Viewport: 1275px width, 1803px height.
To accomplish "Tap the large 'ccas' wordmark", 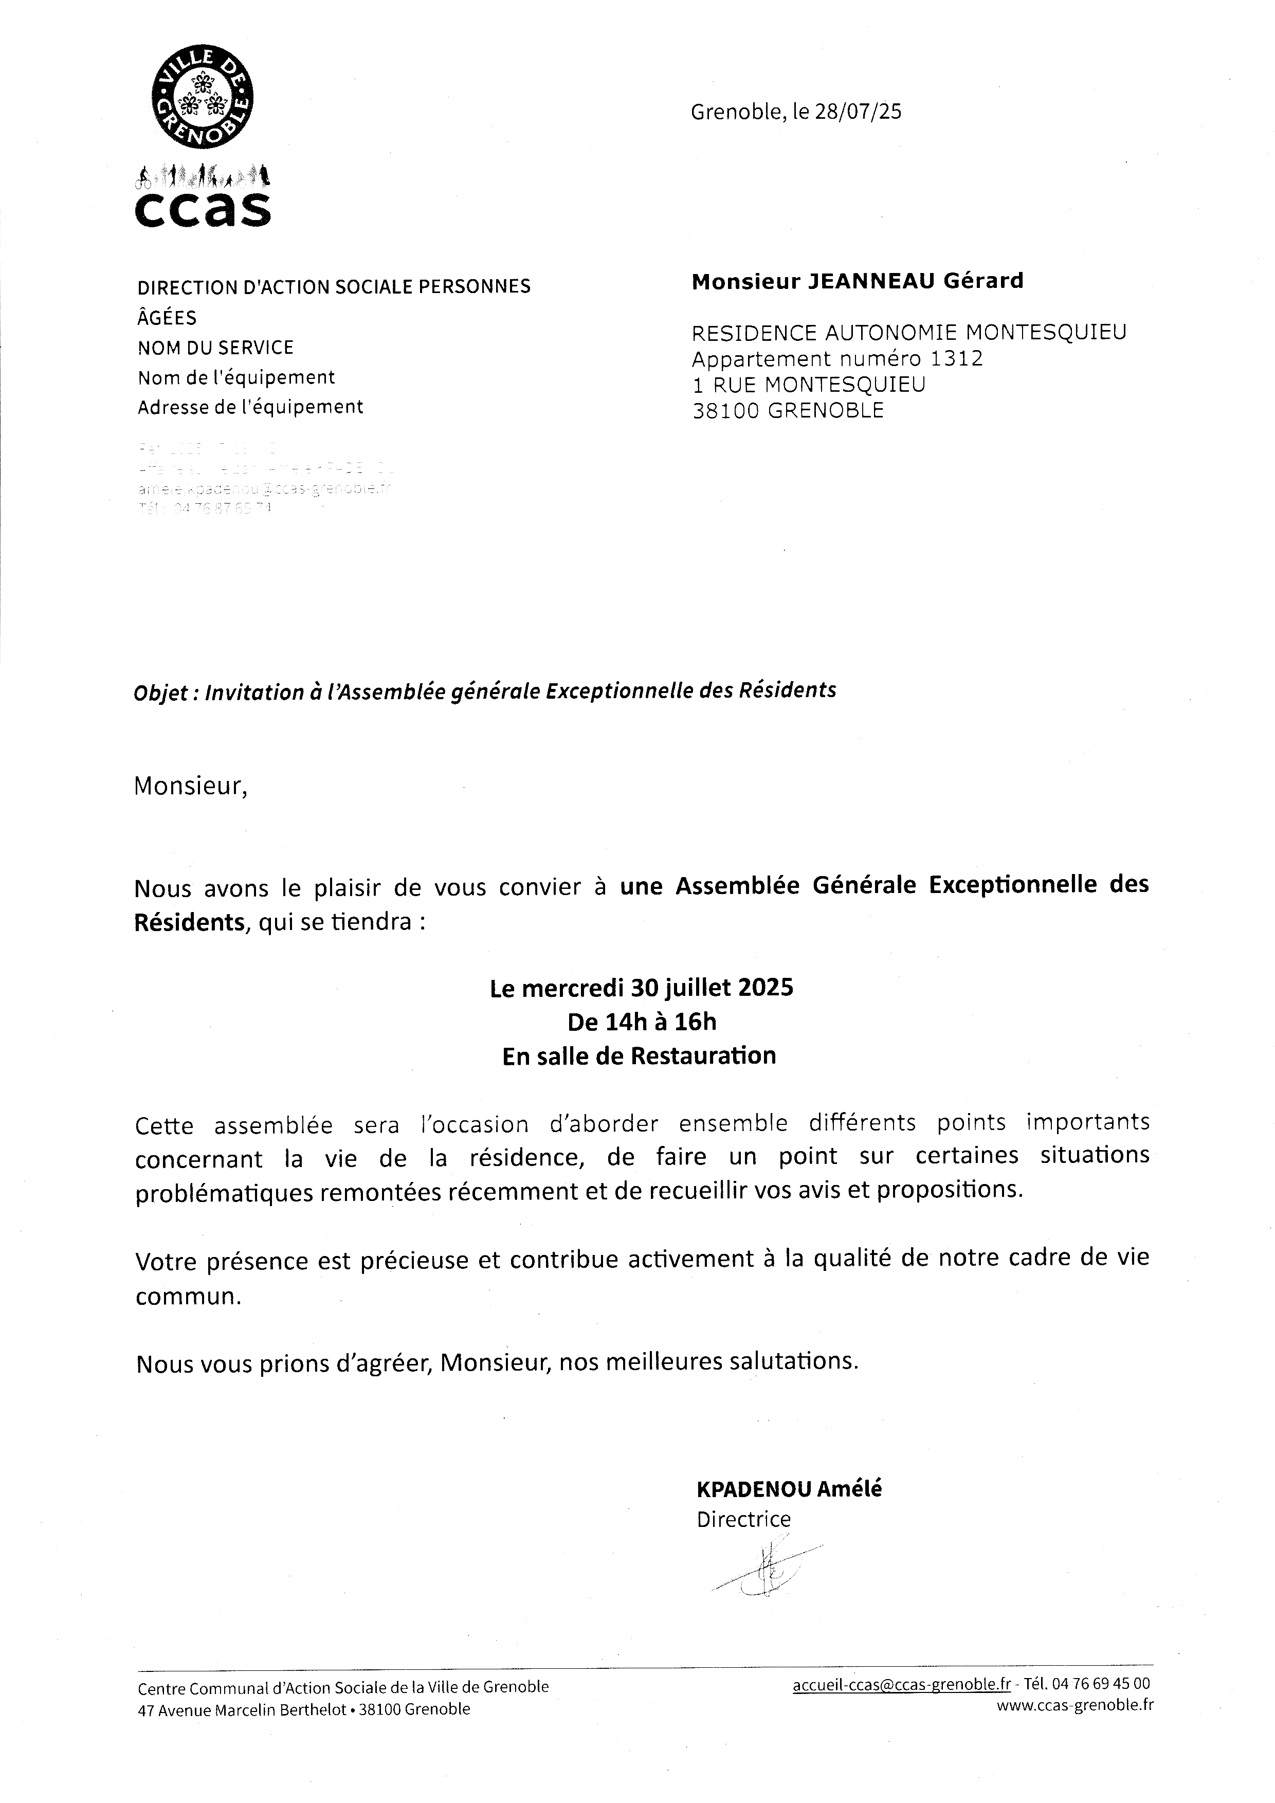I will click(x=203, y=209).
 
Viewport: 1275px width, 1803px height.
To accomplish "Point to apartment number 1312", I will click(x=956, y=359).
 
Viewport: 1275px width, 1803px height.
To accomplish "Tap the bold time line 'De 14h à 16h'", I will click(x=642, y=1022).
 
